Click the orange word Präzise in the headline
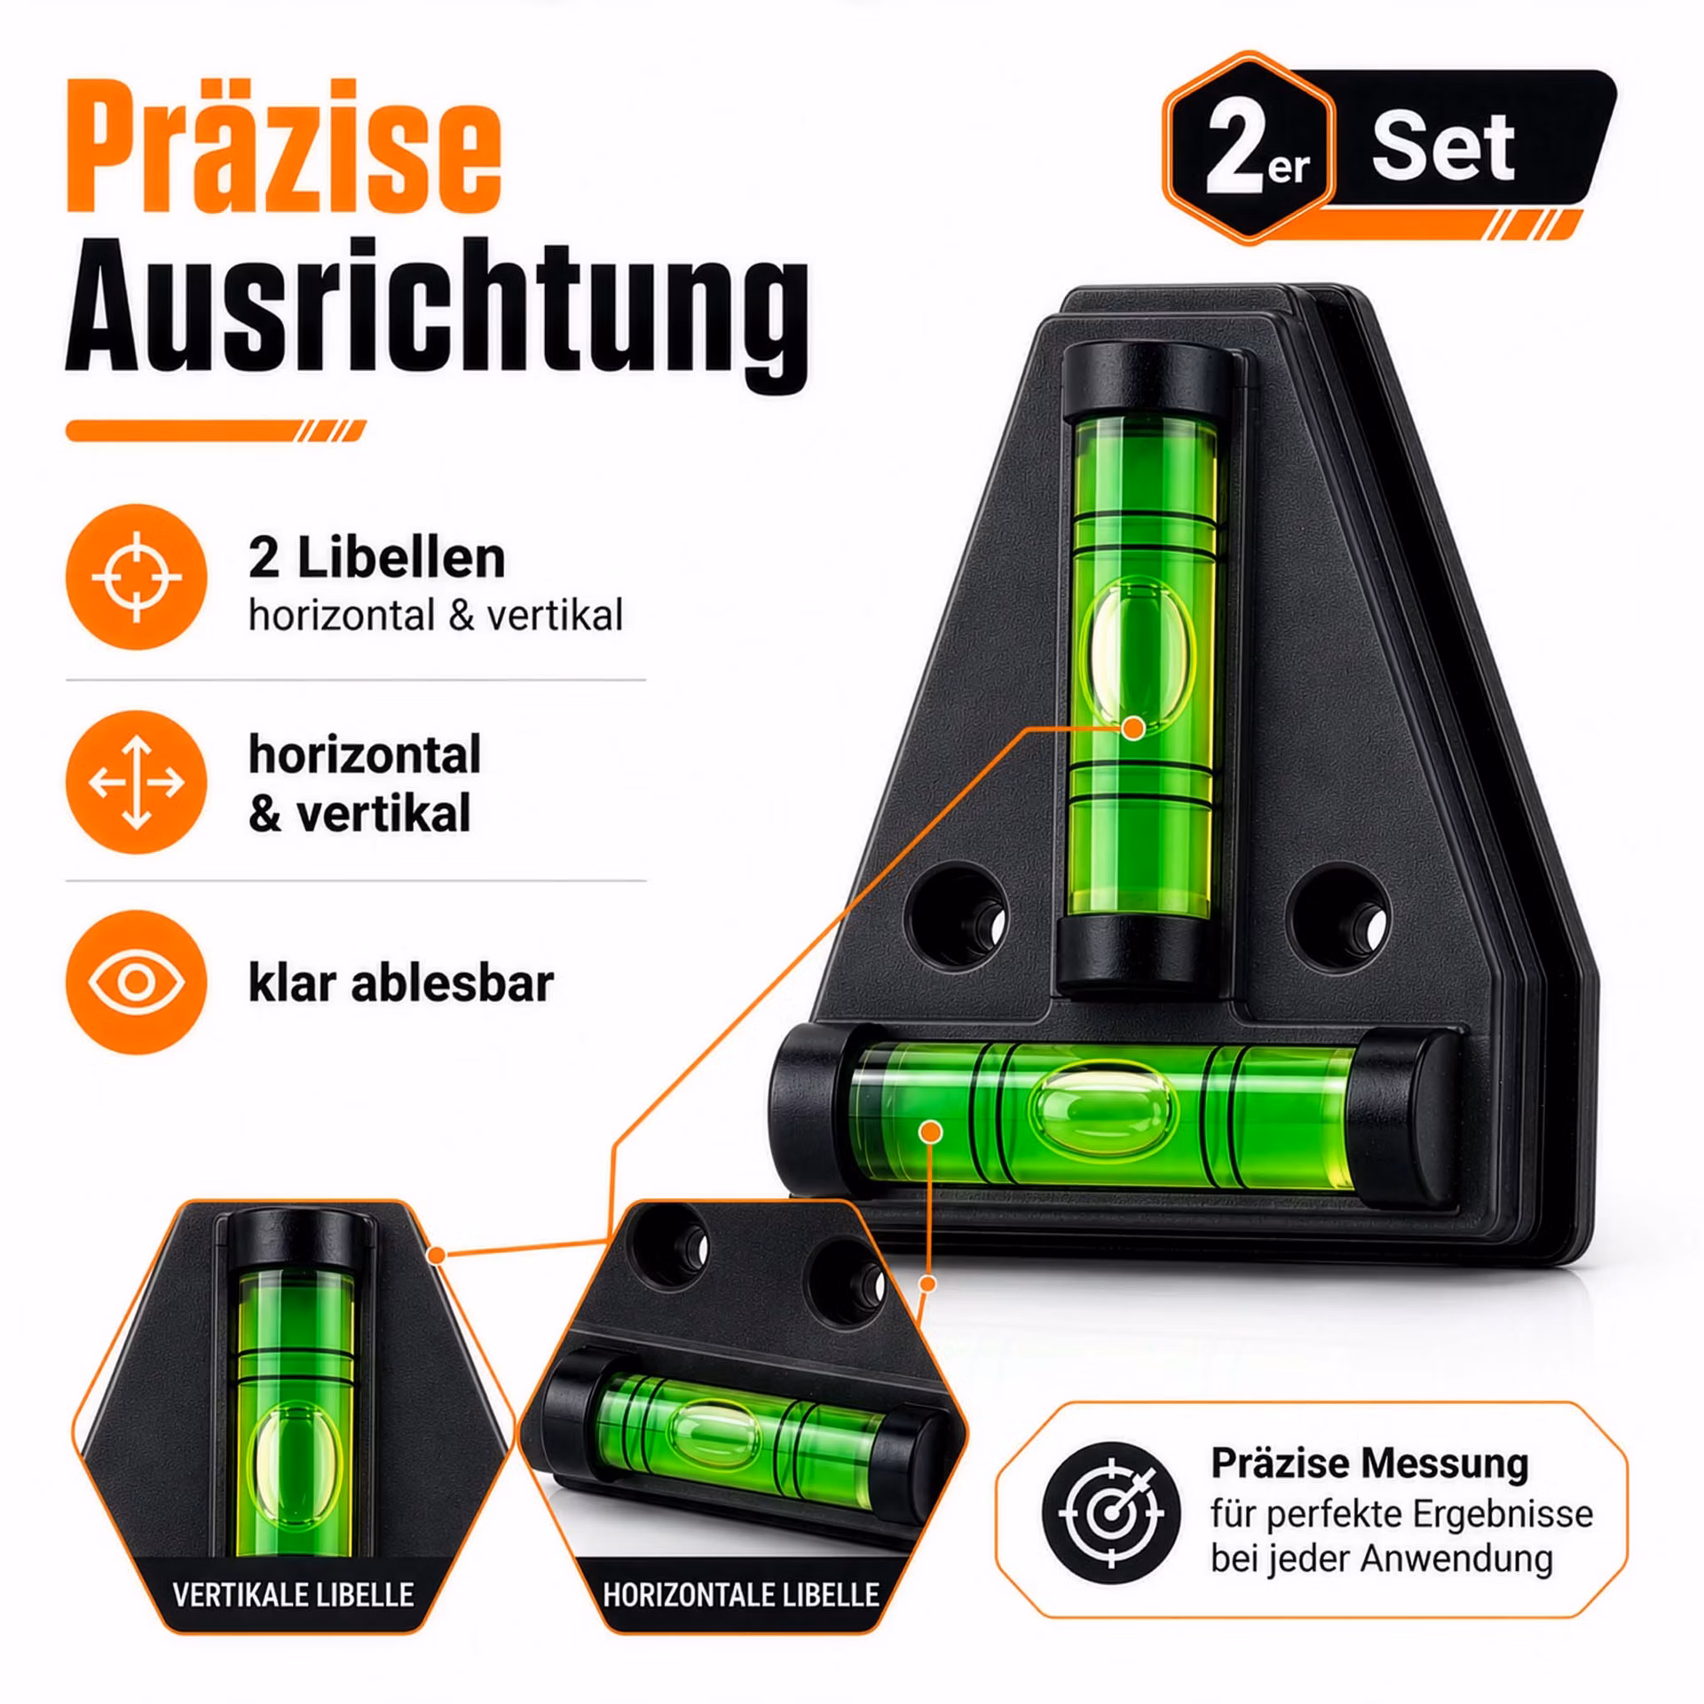tap(284, 146)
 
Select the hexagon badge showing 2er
tap(1250, 147)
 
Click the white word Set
tap(1443, 147)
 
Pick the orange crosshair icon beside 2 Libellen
tap(136, 577)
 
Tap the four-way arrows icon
tap(136, 782)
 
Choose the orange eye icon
tap(136, 982)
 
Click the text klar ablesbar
tap(401, 983)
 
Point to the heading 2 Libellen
tap(377, 558)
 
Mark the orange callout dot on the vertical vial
tap(1132, 729)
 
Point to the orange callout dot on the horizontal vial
tap(931, 1132)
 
